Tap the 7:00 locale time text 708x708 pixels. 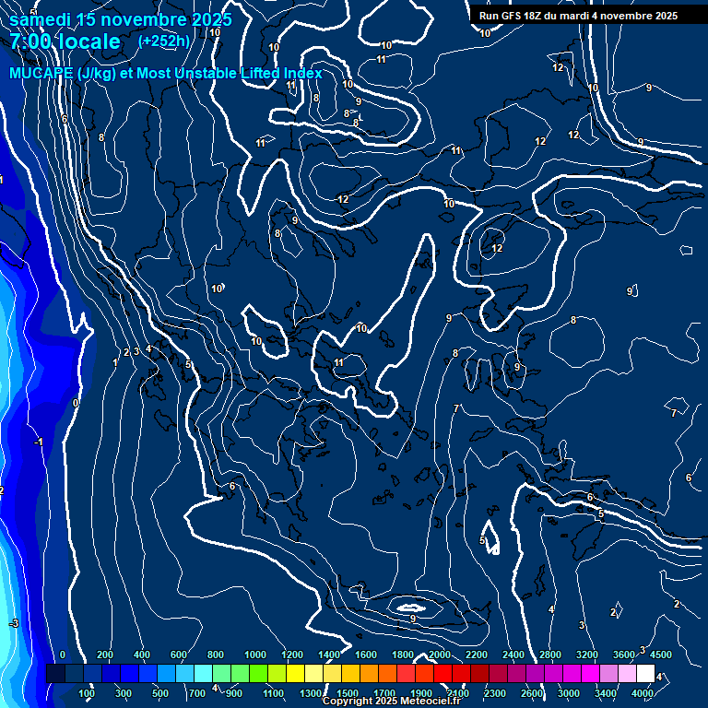coord(65,41)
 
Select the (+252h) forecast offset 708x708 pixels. coord(164,41)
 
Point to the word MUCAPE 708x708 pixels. coord(41,74)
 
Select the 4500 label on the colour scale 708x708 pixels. coord(661,655)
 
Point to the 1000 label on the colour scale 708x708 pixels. coord(255,655)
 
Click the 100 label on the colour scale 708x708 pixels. coord(88,693)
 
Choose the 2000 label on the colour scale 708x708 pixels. coord(440,655)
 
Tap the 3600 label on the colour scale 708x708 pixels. coord(624,655)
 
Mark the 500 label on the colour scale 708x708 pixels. coord(161,693)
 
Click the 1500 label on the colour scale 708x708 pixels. coord(348,693)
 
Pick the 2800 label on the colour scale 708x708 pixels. coord(550,655)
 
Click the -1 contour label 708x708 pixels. coord(38,442)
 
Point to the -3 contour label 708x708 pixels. coord(13,624)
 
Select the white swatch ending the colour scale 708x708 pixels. coord(645,674)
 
